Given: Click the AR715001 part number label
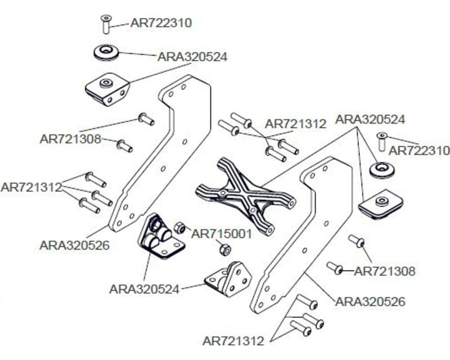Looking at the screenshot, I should coord(222,234).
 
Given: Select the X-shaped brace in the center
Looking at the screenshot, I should coord(245,195).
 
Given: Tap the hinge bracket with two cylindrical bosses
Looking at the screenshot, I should coord(160,237).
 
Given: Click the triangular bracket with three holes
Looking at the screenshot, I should coord(228,279).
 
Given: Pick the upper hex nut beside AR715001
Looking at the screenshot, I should coord(181,228).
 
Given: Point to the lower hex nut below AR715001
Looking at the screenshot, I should coord(223,249).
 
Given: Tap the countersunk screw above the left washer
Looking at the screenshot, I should coord(105,24).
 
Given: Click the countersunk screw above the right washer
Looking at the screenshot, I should coord(381,141).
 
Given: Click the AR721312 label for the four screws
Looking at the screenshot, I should coord(295,124).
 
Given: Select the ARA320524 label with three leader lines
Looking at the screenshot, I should coord(370,120).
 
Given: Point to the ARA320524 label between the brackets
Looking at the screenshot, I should coord(145,289).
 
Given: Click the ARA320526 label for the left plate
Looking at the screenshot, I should coord(75,245).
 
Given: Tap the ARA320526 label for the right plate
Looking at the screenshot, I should coord(370,301).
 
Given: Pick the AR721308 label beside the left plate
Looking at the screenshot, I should coord(70,138).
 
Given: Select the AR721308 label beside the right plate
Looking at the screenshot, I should coord(385,272).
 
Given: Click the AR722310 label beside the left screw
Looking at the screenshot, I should coord(161,23).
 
